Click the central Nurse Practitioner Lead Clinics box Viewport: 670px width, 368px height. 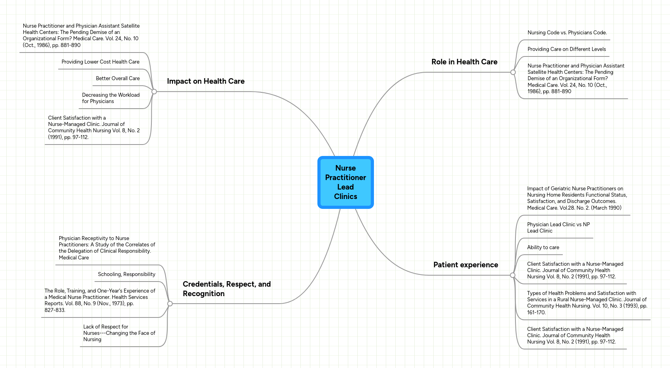[x=345, y=182]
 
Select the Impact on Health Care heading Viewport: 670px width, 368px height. [x=206, y=81]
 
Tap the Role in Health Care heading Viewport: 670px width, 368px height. [x=464, y=62]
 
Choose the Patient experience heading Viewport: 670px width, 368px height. [x=465, y=265]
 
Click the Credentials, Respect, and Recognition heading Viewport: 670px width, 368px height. [x=226, y=289]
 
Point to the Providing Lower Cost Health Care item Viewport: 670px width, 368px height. [x=100, y=62]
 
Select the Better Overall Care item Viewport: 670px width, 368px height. [x=118, y=79]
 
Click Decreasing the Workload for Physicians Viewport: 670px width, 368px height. [x=111, y=98]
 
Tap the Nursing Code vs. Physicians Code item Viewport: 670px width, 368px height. [x=567, y=33]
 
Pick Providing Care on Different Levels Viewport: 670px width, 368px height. [x=566, y=49]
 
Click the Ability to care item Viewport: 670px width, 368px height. [x=543, y=248]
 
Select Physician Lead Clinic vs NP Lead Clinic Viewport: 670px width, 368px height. [x=558, y=228]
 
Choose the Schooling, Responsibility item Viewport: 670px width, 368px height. [x=126, y=274]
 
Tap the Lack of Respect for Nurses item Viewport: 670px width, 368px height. [x=119, y=333]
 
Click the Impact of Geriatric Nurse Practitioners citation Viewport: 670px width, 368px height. [x=577, y=198]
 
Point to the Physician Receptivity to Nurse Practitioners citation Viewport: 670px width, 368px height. [x=107, y=248]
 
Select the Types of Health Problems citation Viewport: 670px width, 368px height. [x=587, y=303]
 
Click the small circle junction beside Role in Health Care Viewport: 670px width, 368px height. [x=513, y=72]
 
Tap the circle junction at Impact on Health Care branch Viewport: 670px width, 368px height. [x=154, y=92]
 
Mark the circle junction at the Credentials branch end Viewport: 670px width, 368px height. [x=170, y=304]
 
